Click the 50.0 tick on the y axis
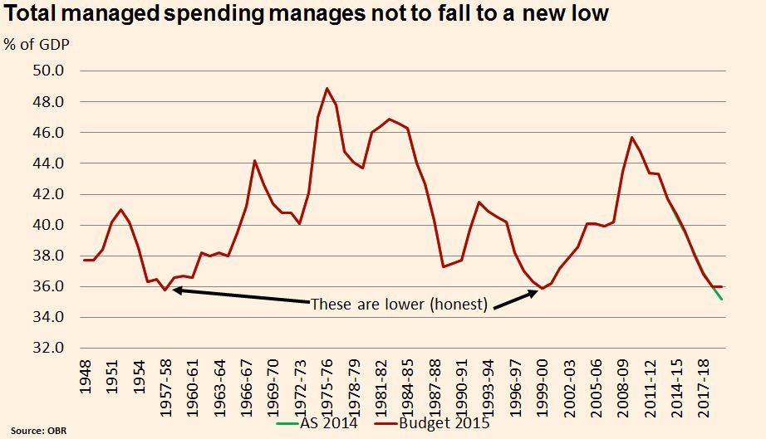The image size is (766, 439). click(48, 71)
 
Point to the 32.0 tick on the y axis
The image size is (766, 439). click(48, 348)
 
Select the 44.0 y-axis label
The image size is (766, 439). click(48, 163)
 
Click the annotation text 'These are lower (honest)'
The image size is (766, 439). click(399, 304)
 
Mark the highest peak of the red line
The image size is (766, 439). click(327, 88)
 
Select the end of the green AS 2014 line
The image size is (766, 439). click(721, 299)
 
